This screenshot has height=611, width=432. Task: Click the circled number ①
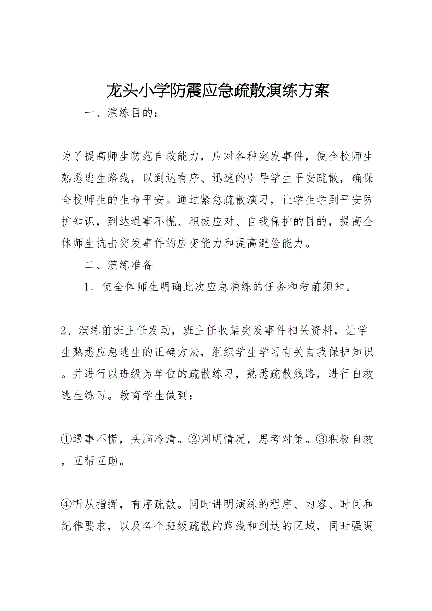[66, 439]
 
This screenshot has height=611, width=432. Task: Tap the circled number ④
[66, 504]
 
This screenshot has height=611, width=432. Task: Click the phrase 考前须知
[322, 287]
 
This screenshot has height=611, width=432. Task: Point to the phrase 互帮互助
[96, 461]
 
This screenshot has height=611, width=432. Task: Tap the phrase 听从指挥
[96, 504]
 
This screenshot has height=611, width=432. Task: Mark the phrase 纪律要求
[84, 526]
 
